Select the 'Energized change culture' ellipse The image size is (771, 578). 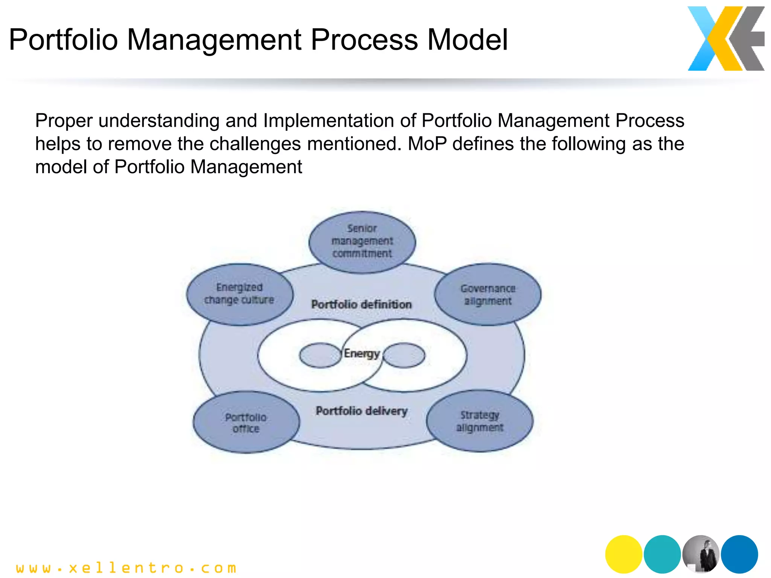coord(239,294)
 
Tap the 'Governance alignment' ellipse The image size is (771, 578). coord(488,294)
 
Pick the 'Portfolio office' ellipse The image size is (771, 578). coord(246,423)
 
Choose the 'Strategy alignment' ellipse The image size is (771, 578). coord(480,421)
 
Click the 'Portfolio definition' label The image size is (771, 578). coord(361,304)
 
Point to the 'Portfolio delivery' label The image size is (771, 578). coord(361,411)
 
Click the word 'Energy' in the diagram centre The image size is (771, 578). coord(362,353)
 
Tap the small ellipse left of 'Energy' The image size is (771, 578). coord(320,355)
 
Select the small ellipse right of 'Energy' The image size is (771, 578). coord(404,355)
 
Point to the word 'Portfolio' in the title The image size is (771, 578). coord(63,40)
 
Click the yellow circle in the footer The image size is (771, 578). coord(623,554)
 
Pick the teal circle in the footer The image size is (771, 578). coord(662,554)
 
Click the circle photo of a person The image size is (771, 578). coord(701,554)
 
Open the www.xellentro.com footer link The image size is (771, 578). coord(126,567)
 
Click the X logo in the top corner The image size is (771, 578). coord(726,38)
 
